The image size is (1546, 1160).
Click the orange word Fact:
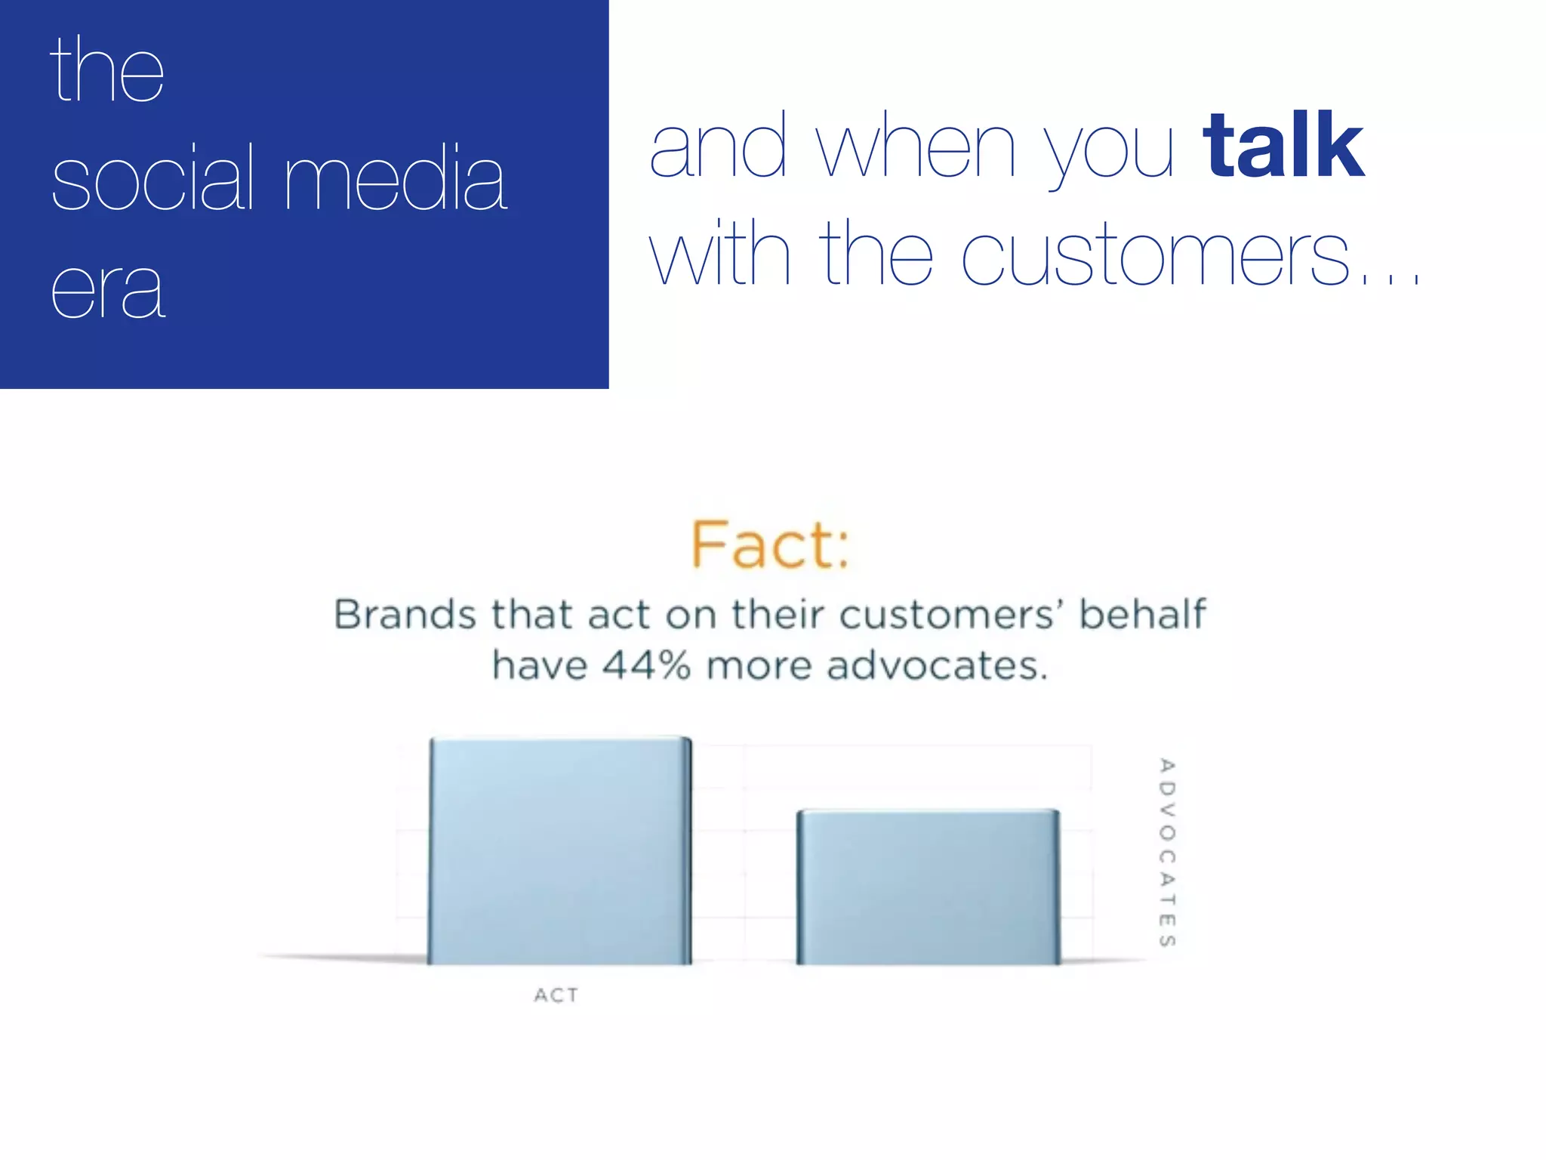pyautogui.click(x=770, y=545)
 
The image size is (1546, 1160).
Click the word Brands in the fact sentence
pyautogui.click(x=405, y=614)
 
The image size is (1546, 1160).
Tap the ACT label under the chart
pyautogui.click(x=556, y=995)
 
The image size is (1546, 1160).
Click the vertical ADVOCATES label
pyautogui.click(x=1167, y=852)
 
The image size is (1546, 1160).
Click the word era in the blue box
pyautogui.click(x=107, y=291)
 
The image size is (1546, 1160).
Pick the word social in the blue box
pyautogui.click(x=152, y=179)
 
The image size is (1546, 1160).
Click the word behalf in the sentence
pyautogui.click(x=1142, y=614)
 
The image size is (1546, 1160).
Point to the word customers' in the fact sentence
pyautogui.click(x=948, y=614)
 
